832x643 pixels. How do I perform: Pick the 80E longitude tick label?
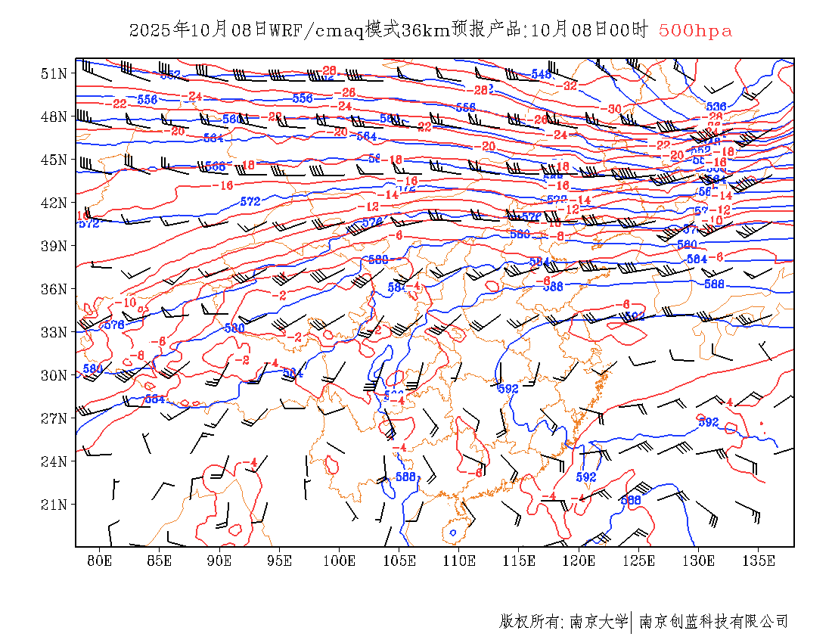pos(100,561)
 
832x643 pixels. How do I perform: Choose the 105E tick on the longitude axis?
pos(399,561)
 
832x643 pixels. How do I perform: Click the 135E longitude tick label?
pos(759,561)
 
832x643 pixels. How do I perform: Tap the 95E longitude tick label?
pos(279,561)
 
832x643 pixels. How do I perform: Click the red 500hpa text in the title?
pos(695,31)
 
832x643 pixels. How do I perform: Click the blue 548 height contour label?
pos(542,74)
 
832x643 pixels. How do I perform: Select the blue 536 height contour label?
pos(716,107)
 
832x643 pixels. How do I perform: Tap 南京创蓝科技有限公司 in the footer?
pos(713,622)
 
